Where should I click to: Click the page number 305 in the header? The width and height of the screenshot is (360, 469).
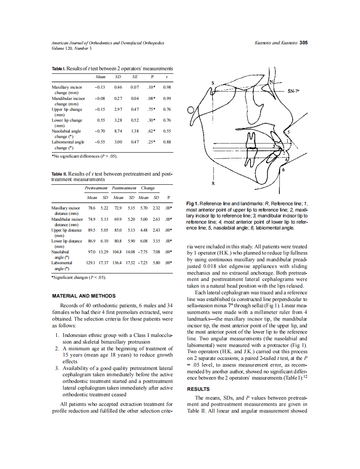click(304, 43)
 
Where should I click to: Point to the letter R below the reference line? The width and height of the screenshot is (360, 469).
click(213, 184)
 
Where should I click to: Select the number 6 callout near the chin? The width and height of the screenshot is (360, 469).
click(284, 170)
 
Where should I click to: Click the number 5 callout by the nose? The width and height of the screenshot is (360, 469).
click(288, 132)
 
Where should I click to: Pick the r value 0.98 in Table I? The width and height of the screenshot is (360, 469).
click(167, 87)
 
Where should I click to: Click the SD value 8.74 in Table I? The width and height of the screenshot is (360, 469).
click(118, 131)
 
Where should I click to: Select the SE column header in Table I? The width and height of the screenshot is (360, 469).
click(134, 77)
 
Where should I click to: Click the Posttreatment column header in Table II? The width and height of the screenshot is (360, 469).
click(124, 188)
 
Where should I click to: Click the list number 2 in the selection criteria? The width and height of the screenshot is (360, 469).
click(57, 348)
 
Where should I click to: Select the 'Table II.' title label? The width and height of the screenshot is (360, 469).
click(59, 174)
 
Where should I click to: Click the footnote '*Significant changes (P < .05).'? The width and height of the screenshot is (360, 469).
click(79, 277)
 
